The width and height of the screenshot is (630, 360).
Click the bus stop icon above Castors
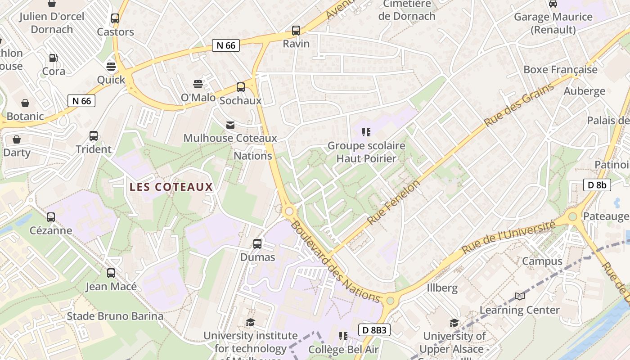(x=115, y=18)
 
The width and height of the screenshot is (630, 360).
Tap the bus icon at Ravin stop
(x=296, y=31)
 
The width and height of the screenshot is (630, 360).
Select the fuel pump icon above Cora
(x=53, y=58)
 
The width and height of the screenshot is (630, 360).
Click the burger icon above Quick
(x=111, y=67)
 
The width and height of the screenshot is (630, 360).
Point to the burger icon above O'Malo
(x=198, y=84)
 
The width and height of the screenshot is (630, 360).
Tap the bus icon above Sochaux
(x=241, y=87)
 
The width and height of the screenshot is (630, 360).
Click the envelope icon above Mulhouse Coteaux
(x=230, y=125)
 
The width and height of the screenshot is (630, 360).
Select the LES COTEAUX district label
(x=171, y=187)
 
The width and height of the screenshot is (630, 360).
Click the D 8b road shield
(x=597, y=184)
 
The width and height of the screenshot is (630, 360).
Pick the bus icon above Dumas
(x=257, y=244)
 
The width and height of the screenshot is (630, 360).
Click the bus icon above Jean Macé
(x=111, y=273)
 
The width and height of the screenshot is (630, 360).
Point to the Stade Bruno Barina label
(x=115, y=316)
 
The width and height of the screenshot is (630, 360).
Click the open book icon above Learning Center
(x=520, y=296)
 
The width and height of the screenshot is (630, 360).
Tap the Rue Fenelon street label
(x=393, y=202)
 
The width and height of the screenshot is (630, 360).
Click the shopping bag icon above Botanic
(x=25, y=103)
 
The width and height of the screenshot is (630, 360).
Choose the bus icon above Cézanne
(x=51, y=217)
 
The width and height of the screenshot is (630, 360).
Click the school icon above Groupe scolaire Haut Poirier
(x=366, y=132)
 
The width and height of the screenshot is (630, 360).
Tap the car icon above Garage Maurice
(x=553, y=4)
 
